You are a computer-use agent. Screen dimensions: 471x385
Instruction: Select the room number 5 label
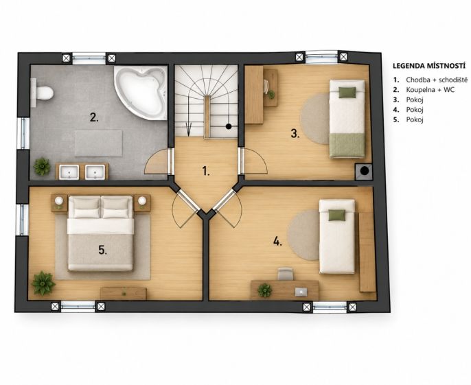coord(103,250)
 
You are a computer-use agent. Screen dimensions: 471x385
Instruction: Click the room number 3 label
coord(295,133)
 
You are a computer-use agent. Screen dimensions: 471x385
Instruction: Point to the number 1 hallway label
coord(206,171)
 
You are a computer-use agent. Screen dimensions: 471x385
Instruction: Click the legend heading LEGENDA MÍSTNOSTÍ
coord(429,66)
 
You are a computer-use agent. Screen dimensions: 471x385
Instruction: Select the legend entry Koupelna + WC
coord(430,89)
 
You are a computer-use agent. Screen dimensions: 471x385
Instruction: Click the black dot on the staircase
coord(229,126)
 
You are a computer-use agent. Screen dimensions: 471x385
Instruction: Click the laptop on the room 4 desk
coord(301,292)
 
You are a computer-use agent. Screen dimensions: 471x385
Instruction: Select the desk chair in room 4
coord(285,274)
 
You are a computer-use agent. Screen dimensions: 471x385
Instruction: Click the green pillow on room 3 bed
coord(347,92)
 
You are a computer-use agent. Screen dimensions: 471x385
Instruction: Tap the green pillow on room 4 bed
coord(336,215)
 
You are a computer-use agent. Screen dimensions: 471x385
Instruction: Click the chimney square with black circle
coord(364,172)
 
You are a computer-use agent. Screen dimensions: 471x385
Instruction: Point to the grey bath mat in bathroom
coord(99,143)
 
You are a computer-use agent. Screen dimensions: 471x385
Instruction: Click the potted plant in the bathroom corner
coord(42,166)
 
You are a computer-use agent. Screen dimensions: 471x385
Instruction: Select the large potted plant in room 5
coord(43,283)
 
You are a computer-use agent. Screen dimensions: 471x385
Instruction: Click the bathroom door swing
coord(157,162)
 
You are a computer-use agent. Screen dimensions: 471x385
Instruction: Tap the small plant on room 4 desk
coord(264,290)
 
